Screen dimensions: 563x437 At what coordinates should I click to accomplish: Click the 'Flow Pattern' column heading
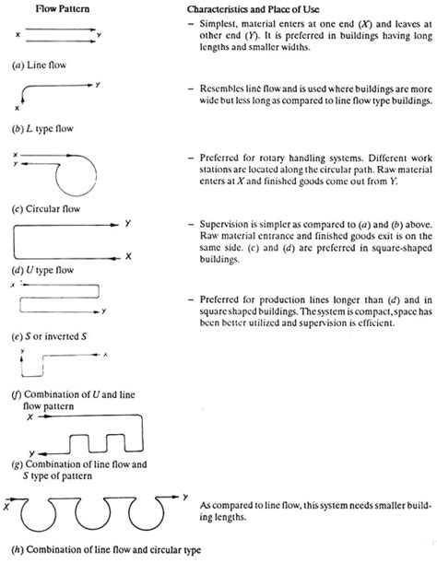[54, 10]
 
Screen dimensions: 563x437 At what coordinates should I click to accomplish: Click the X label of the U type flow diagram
[128, 254]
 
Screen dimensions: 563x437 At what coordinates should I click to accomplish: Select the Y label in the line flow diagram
[100, 41]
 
